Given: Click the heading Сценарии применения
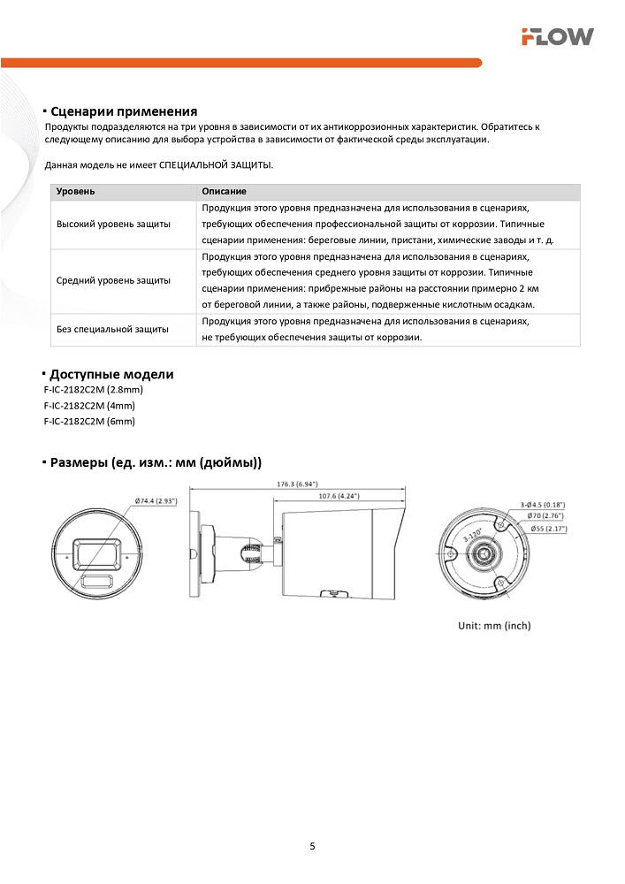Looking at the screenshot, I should (x=123, y=111).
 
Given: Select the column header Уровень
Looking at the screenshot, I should (x=76, y=192).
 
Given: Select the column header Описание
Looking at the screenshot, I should (x=224, y=192).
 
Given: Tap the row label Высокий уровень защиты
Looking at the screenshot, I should (x=114, y=225).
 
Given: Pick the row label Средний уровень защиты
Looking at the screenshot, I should (x=114, y=280).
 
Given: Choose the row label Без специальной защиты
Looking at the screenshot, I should (x=112, y=329).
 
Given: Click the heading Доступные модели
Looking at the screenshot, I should (x=111, y=374).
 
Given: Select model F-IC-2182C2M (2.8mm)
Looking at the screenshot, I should (x=93, y=390).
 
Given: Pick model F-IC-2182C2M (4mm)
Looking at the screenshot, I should (x=89, y=406).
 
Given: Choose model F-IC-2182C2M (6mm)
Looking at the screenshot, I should (x=89, y=422).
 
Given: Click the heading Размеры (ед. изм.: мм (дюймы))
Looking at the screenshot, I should (x=156, y=462).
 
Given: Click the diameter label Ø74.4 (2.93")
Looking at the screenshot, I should (x=156, y=500).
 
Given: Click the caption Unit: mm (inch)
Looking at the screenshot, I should (x=494, y=625).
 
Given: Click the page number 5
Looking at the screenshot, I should (x=312, y=846).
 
